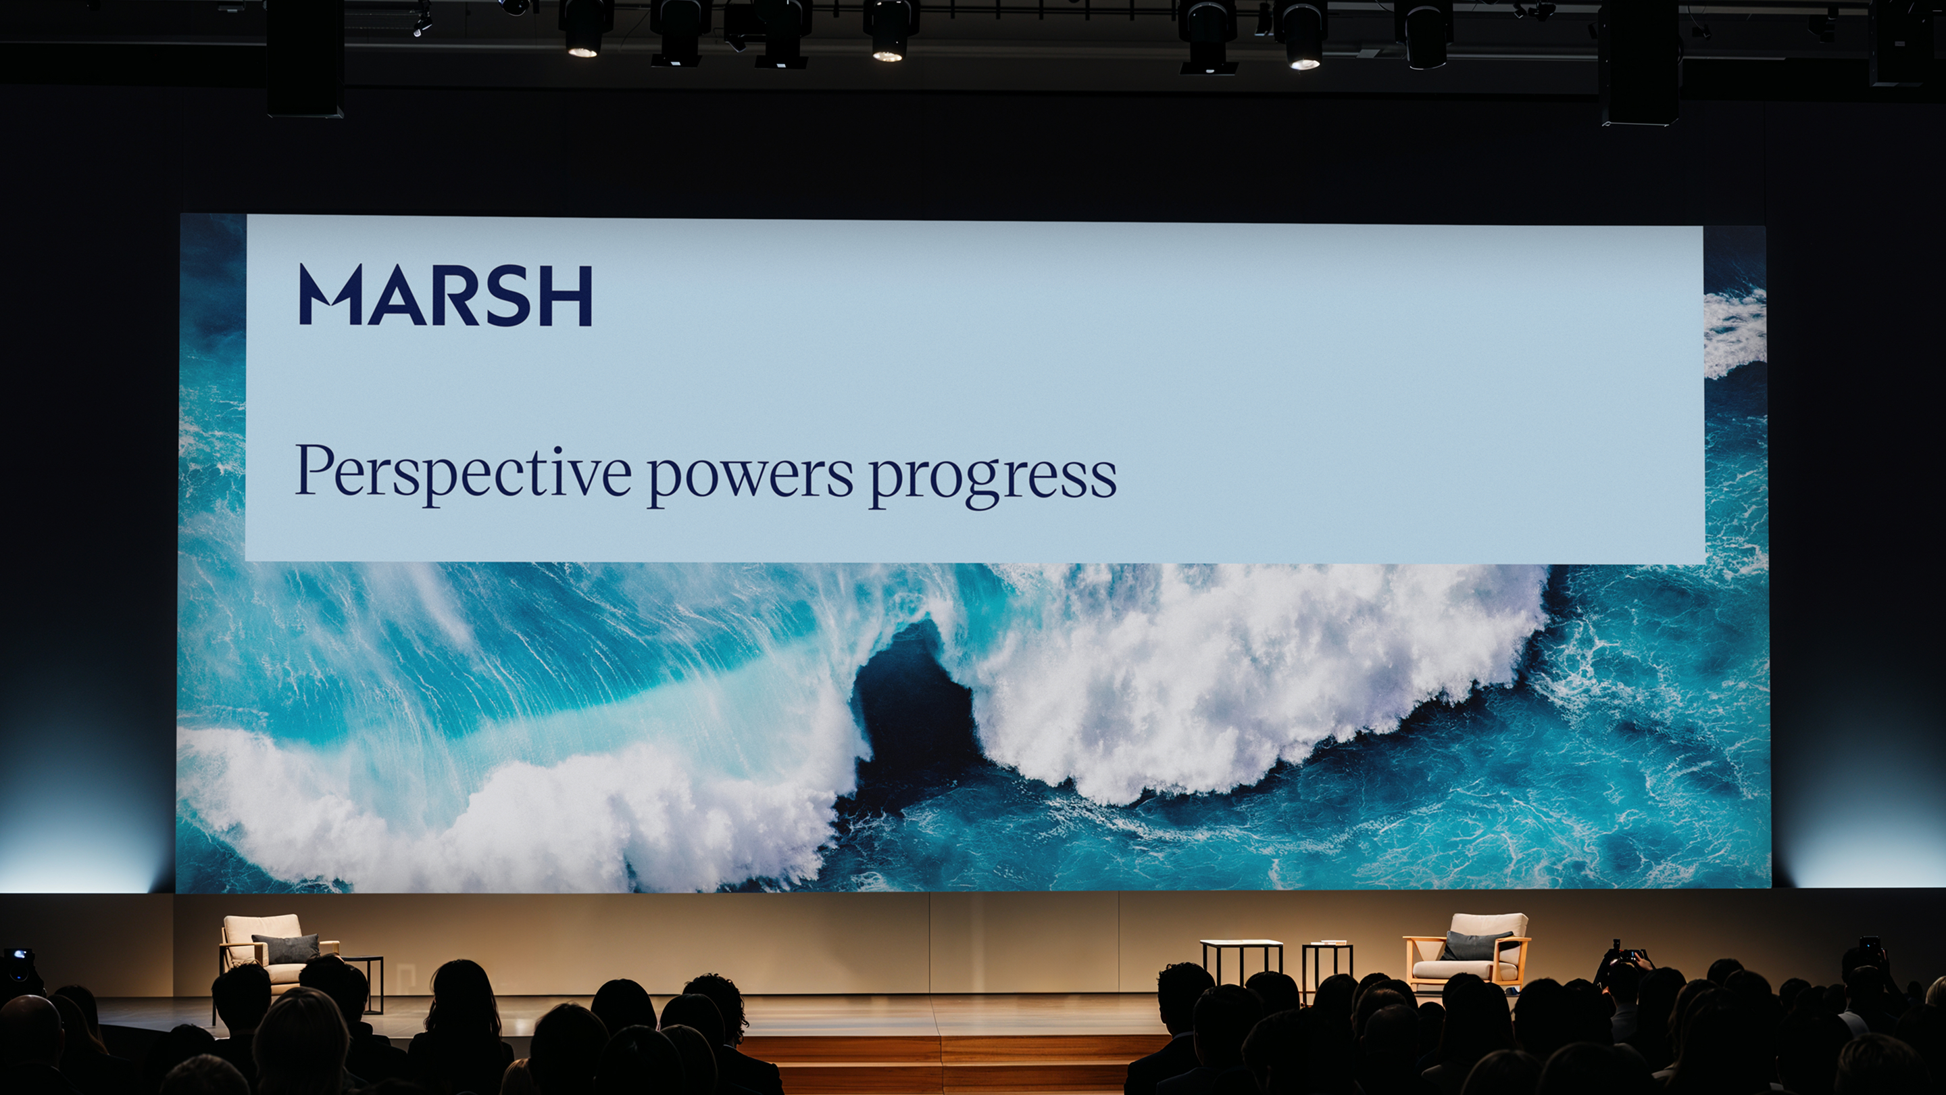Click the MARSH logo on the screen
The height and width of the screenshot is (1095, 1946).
(x=446, y=295)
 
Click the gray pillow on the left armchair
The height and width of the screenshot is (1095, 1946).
(x=286, y=948)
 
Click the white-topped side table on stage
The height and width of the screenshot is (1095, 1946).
(x=1242, y=961)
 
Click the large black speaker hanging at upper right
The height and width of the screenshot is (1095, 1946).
(x=1639, y=62)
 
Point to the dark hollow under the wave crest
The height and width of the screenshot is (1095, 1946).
(x=910, y=699)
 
